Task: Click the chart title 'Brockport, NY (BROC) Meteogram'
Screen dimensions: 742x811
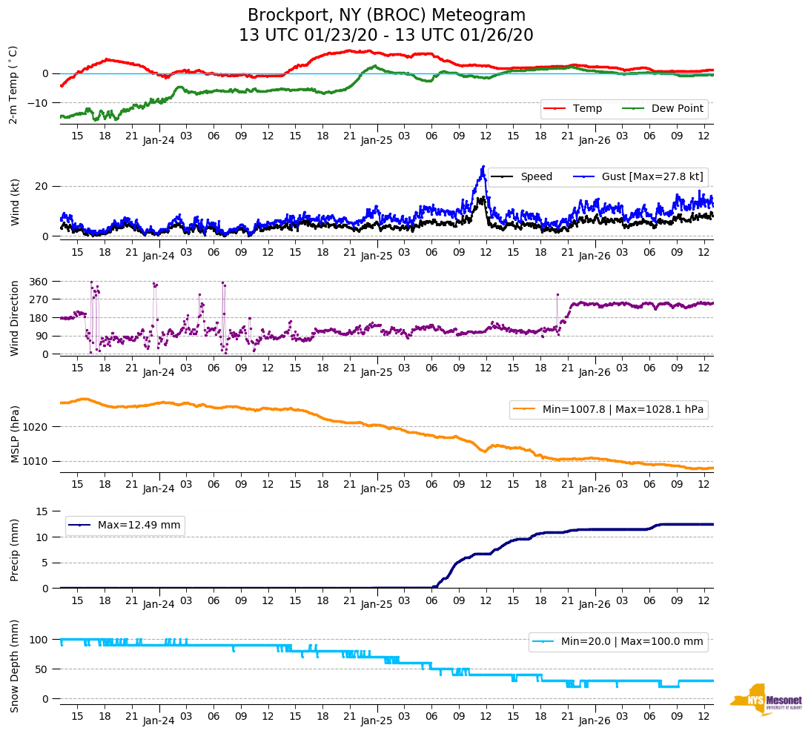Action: [386, 16]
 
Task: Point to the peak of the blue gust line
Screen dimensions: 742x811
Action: [483, 167]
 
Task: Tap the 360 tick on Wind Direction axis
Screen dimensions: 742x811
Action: [39, 282]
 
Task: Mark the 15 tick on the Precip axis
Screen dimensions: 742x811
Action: [43, 511]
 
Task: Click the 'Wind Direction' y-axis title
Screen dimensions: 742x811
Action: [16, 317]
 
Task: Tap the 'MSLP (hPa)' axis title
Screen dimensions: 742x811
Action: [16, 434]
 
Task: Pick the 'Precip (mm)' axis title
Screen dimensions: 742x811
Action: [16, 549]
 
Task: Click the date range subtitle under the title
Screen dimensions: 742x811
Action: [386, 36]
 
